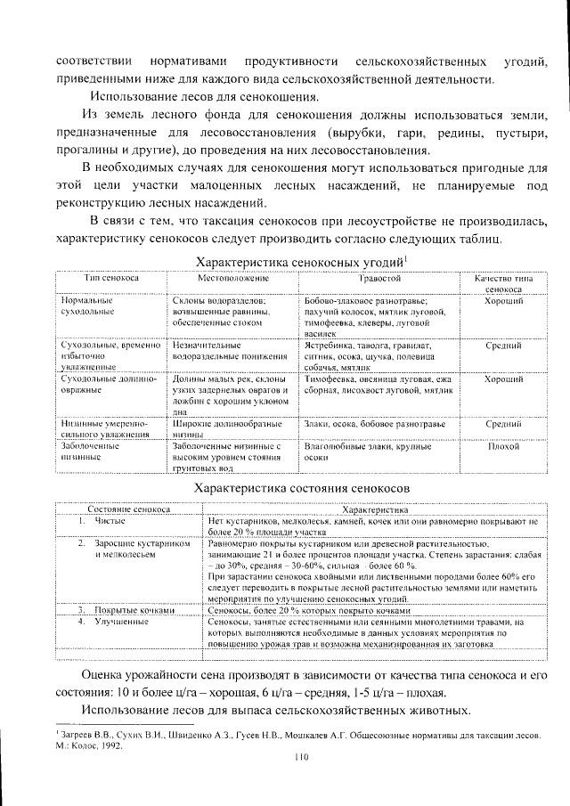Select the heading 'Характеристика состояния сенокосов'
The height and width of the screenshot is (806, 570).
[x=301, y=489]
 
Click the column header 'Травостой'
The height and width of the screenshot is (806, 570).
[x=371, y=279]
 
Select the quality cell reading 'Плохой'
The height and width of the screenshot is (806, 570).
[x=503, y=444]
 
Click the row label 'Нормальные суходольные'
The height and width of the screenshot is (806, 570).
[x=86, y=307]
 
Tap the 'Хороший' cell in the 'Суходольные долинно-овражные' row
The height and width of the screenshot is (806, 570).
[x=503, y=379]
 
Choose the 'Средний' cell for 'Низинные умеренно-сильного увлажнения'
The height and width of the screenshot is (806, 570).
[x=503, y=425]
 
